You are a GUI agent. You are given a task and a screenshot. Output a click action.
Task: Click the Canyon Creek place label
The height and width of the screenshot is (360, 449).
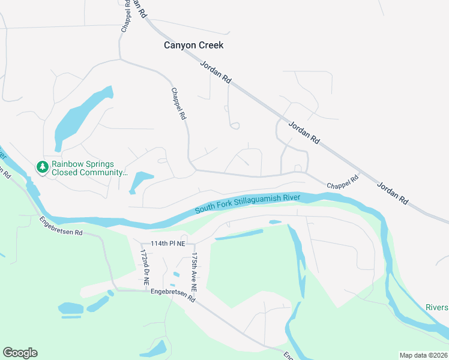pos(194,45)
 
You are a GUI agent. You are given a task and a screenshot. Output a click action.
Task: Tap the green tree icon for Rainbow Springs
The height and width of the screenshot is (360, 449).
pos(43,166)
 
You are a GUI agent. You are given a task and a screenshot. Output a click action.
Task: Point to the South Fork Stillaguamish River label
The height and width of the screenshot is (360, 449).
pos(247,203)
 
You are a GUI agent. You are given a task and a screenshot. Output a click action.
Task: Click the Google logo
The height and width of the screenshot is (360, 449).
pos(20,353)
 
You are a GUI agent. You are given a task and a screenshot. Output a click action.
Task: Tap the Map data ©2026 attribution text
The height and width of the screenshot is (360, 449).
pos(423,355)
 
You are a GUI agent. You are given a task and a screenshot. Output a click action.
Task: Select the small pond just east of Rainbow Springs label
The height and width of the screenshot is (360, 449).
pos(140,181)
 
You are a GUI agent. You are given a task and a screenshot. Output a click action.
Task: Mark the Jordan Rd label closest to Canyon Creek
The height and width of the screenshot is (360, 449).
pos(217,70)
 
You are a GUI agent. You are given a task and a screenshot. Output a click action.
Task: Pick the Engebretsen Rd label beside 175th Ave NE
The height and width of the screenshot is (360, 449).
pos(173,295)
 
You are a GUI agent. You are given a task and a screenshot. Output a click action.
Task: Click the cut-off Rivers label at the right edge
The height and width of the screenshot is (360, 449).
pos(436,307)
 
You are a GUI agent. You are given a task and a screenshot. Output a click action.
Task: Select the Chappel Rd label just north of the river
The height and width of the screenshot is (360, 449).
pos(343,182)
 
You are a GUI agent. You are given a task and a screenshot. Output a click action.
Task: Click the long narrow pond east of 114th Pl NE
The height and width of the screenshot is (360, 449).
pos(238,235)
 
